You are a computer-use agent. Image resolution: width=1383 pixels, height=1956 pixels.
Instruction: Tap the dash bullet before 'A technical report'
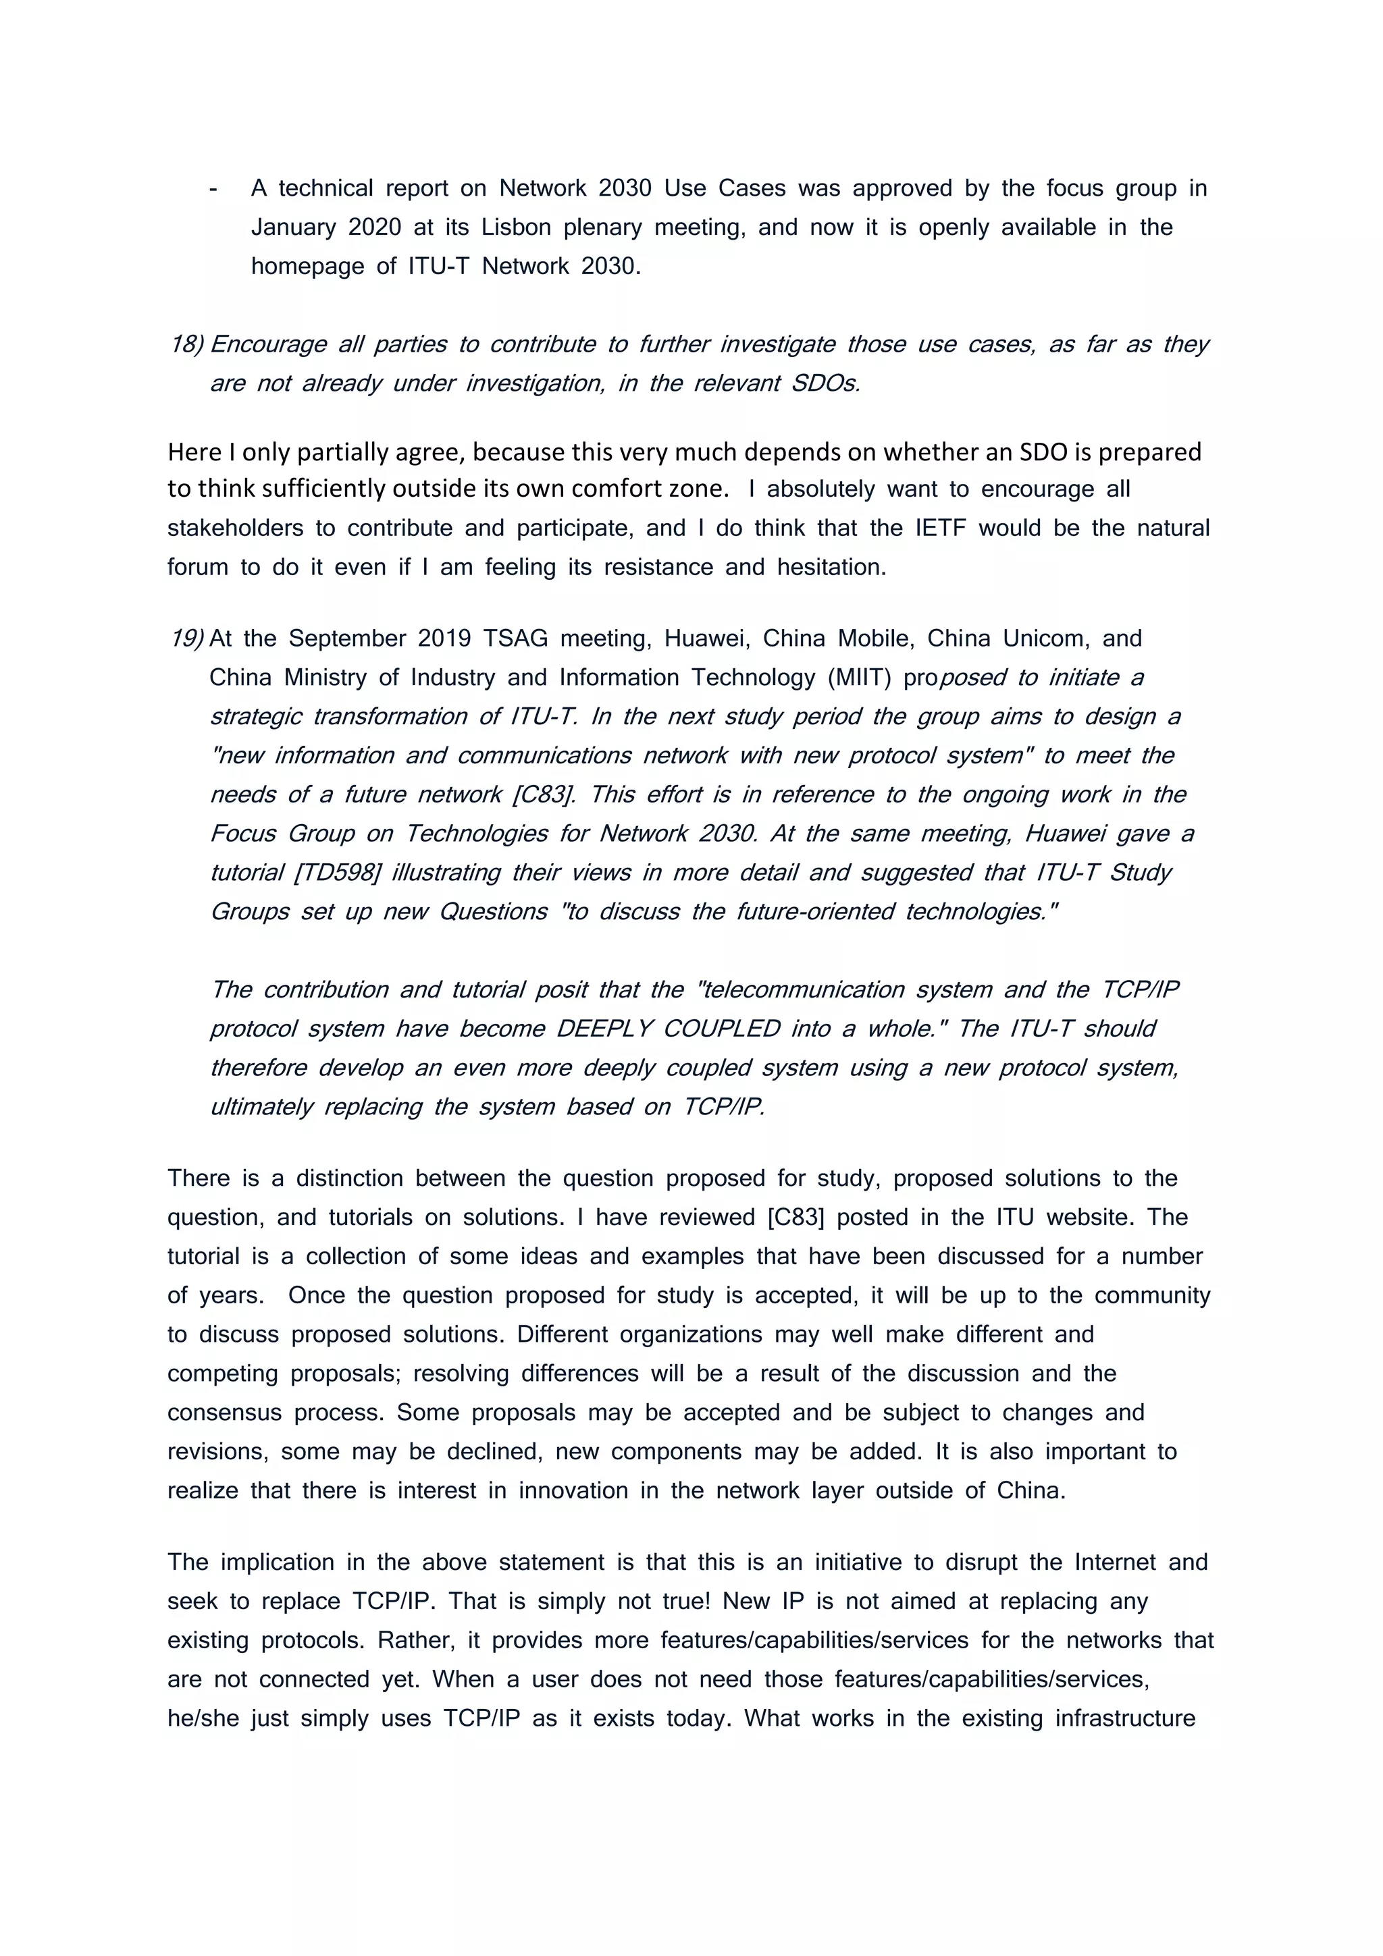click(212, 189)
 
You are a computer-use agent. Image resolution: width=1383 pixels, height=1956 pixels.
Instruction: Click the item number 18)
click(186, 344)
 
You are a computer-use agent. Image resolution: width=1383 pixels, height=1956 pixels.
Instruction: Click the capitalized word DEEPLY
click(604, 1029)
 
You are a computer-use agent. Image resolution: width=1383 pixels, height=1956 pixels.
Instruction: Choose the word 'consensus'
click(224, 1413)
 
